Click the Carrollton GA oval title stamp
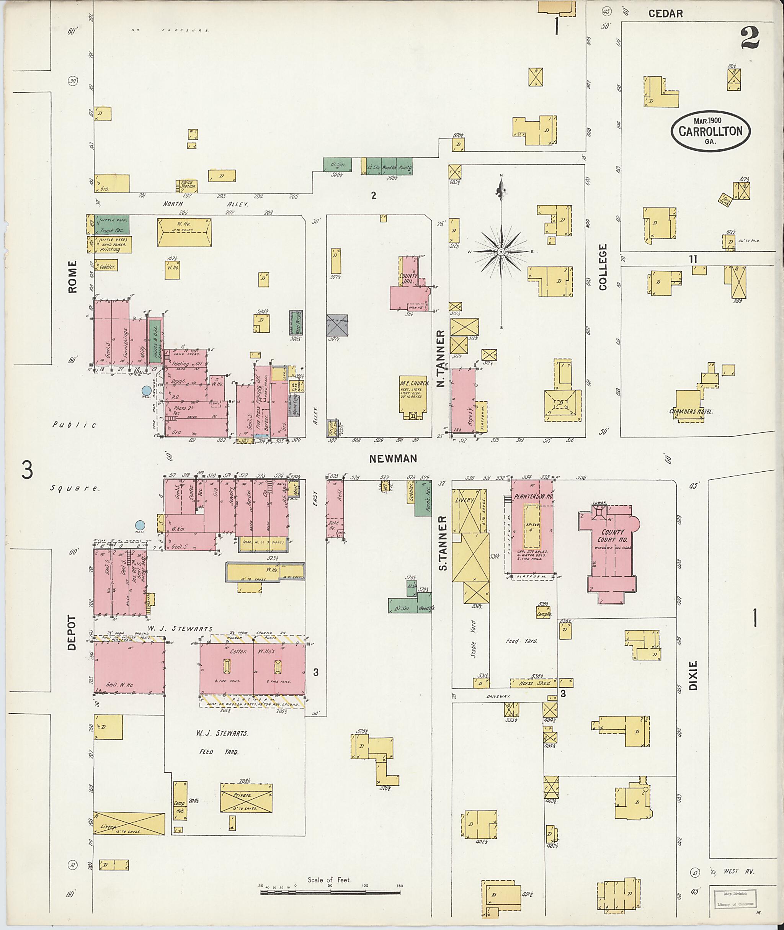pyautogui.click(x=710, y=131)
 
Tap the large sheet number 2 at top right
pyautogui.click(x=750, y=38)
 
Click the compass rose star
pyautogui.click(x=501, y=252)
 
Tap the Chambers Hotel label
pyautogui.click(x=691, y=411)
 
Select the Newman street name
pyautogui.click(x=393, y=458)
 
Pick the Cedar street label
pyautogui.click(x=665, y=14)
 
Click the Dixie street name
pyautogui.click(x=693, y=675)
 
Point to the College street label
pyautogui.click(x=603, y=267)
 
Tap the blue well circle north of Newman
pyautogui.click(x=146, y=391)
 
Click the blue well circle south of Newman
pyautogui.click(x=140, y=525)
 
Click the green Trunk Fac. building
pyautogui.click(x=111, y=226)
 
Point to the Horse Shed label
pyautogui.click(x=533, y=682)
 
